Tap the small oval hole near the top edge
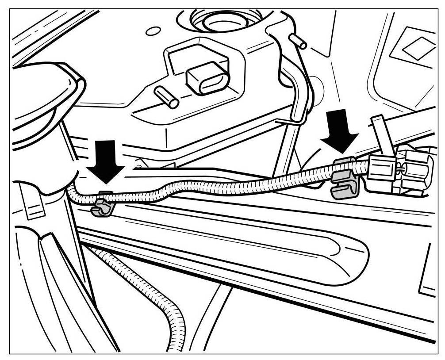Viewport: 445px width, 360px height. point(153,31)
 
